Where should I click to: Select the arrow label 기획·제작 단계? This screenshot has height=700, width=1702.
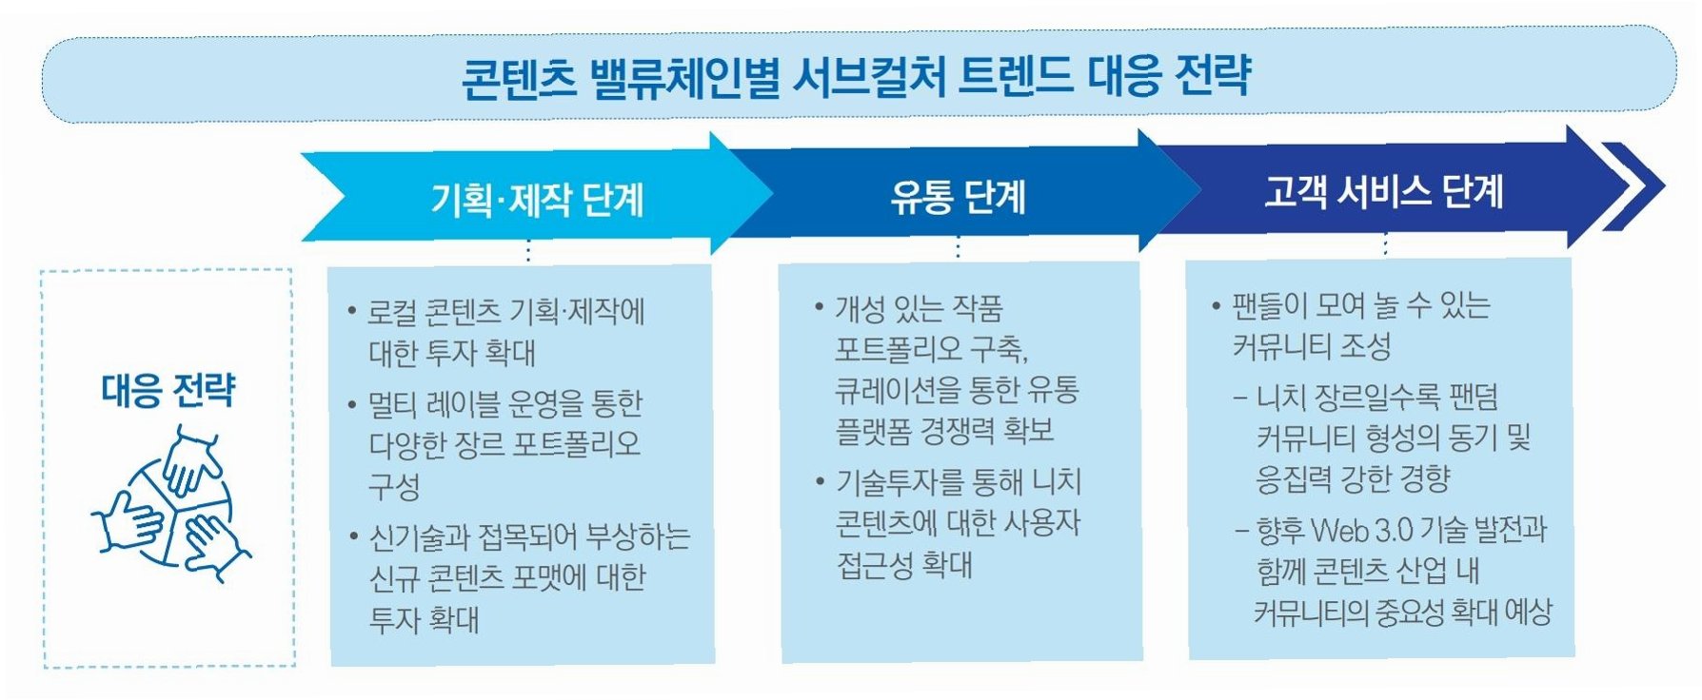(x=537, y=200)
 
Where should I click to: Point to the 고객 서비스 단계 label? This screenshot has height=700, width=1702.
(x=1383, y=191)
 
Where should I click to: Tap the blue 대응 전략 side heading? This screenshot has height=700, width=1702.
(x=168, y=390)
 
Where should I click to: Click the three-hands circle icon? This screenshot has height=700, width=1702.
(x=172, y=504)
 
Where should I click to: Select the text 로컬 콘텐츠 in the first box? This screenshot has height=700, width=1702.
(x=434, y=311)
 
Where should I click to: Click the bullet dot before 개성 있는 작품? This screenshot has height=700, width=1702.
(x=819, y=307)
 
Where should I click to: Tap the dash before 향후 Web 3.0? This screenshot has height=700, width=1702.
(x=1241, y=530)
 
